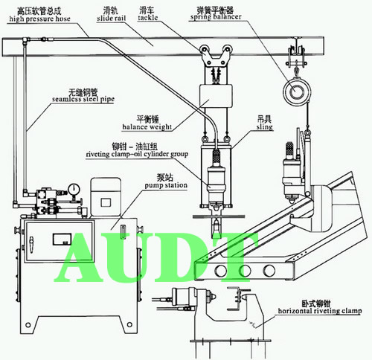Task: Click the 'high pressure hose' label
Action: coord(39,19)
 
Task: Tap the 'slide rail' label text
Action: coord(112,19)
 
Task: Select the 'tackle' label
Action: coord(148,18)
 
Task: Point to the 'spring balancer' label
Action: coord(216,17)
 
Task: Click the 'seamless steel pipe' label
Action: coord(83,99)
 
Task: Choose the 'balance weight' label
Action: coord(147,127)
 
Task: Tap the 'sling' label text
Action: coord(265,127)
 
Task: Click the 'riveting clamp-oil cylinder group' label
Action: coord(137,154)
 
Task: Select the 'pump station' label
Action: coord(166,185)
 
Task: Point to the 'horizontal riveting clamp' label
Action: coord(319,311)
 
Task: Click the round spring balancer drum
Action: coord(295,91)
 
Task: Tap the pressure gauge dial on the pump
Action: coord(74,189)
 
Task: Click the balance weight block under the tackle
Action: coord(217,96)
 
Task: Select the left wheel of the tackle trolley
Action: coord(205,48)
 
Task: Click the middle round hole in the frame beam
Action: coord(244,270)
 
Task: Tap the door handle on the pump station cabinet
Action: coord(31,245)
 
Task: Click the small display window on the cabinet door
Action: coord(62,240)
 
